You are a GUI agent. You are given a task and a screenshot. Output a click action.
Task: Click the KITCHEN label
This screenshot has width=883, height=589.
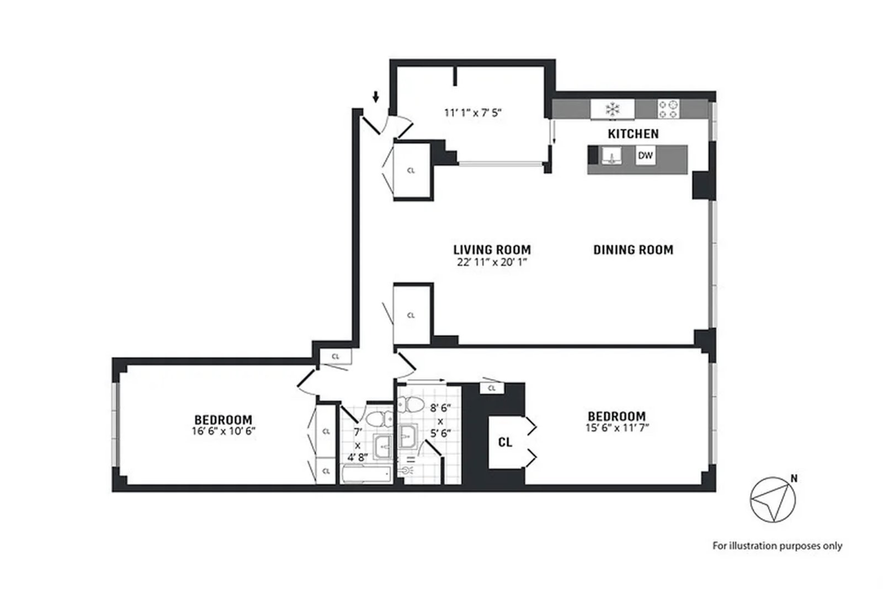click(633, 134)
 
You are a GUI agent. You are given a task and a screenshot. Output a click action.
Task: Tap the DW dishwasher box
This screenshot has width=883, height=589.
click(645, 156)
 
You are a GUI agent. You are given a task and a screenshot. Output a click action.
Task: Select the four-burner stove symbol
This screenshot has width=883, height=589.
click(667, 109)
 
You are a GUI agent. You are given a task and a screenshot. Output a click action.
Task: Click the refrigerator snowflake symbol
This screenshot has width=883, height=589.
click(612, 109)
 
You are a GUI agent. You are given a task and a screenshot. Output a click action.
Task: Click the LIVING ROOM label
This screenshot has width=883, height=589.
click(492, 250)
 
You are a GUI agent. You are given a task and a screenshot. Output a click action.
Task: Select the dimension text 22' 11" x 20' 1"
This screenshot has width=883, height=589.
click(492, 263)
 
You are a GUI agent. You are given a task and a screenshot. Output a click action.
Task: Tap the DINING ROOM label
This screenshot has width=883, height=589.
click(633, 250)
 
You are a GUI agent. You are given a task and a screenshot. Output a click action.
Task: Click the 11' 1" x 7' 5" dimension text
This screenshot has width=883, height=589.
click(473, 113)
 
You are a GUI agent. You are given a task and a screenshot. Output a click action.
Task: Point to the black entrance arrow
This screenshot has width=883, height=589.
click(376, 97)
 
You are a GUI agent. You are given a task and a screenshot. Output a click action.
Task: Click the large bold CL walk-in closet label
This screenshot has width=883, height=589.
click(505, 442)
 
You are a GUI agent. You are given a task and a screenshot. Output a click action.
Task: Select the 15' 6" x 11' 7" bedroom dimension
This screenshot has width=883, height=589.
click(616, 427)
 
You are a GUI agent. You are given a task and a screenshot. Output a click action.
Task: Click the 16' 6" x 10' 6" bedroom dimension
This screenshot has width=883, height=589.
click(223, 431)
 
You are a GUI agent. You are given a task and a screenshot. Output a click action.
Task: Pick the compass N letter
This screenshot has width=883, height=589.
click(794, 479)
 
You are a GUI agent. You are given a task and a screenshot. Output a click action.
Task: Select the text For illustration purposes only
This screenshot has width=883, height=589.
click(777, 546)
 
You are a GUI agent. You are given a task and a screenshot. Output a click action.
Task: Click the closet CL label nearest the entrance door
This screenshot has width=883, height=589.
click(411, 171)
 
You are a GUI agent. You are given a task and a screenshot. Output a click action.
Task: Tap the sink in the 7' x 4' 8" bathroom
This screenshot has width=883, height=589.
click(382, 446)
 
